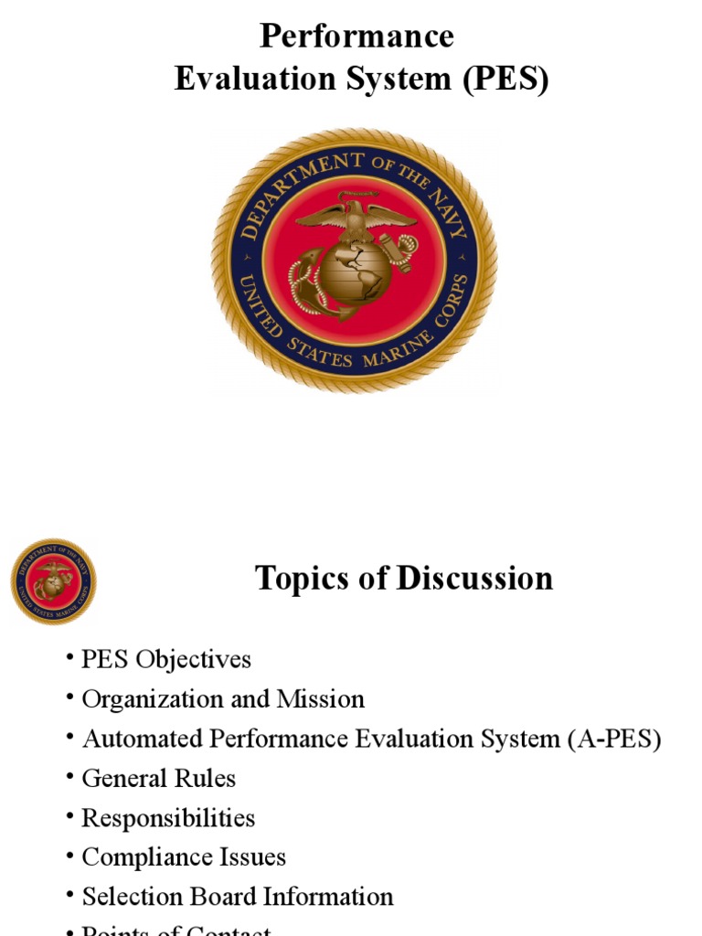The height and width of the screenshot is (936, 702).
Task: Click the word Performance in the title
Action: click(356, 37)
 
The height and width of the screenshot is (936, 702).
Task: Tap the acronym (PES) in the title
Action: click(505, 80)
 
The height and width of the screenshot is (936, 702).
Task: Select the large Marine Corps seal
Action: click(355, 260)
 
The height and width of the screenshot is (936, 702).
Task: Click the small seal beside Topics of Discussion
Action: click(53, 581)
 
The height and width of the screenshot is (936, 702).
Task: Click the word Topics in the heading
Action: click(300, 579)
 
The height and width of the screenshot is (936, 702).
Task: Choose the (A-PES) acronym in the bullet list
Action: click(615, 739)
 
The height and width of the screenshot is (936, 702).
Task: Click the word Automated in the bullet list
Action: click(138, 739)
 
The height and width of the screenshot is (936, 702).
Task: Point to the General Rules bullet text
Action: click(159, 779)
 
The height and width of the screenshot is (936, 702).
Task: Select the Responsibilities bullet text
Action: click(168, 818)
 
